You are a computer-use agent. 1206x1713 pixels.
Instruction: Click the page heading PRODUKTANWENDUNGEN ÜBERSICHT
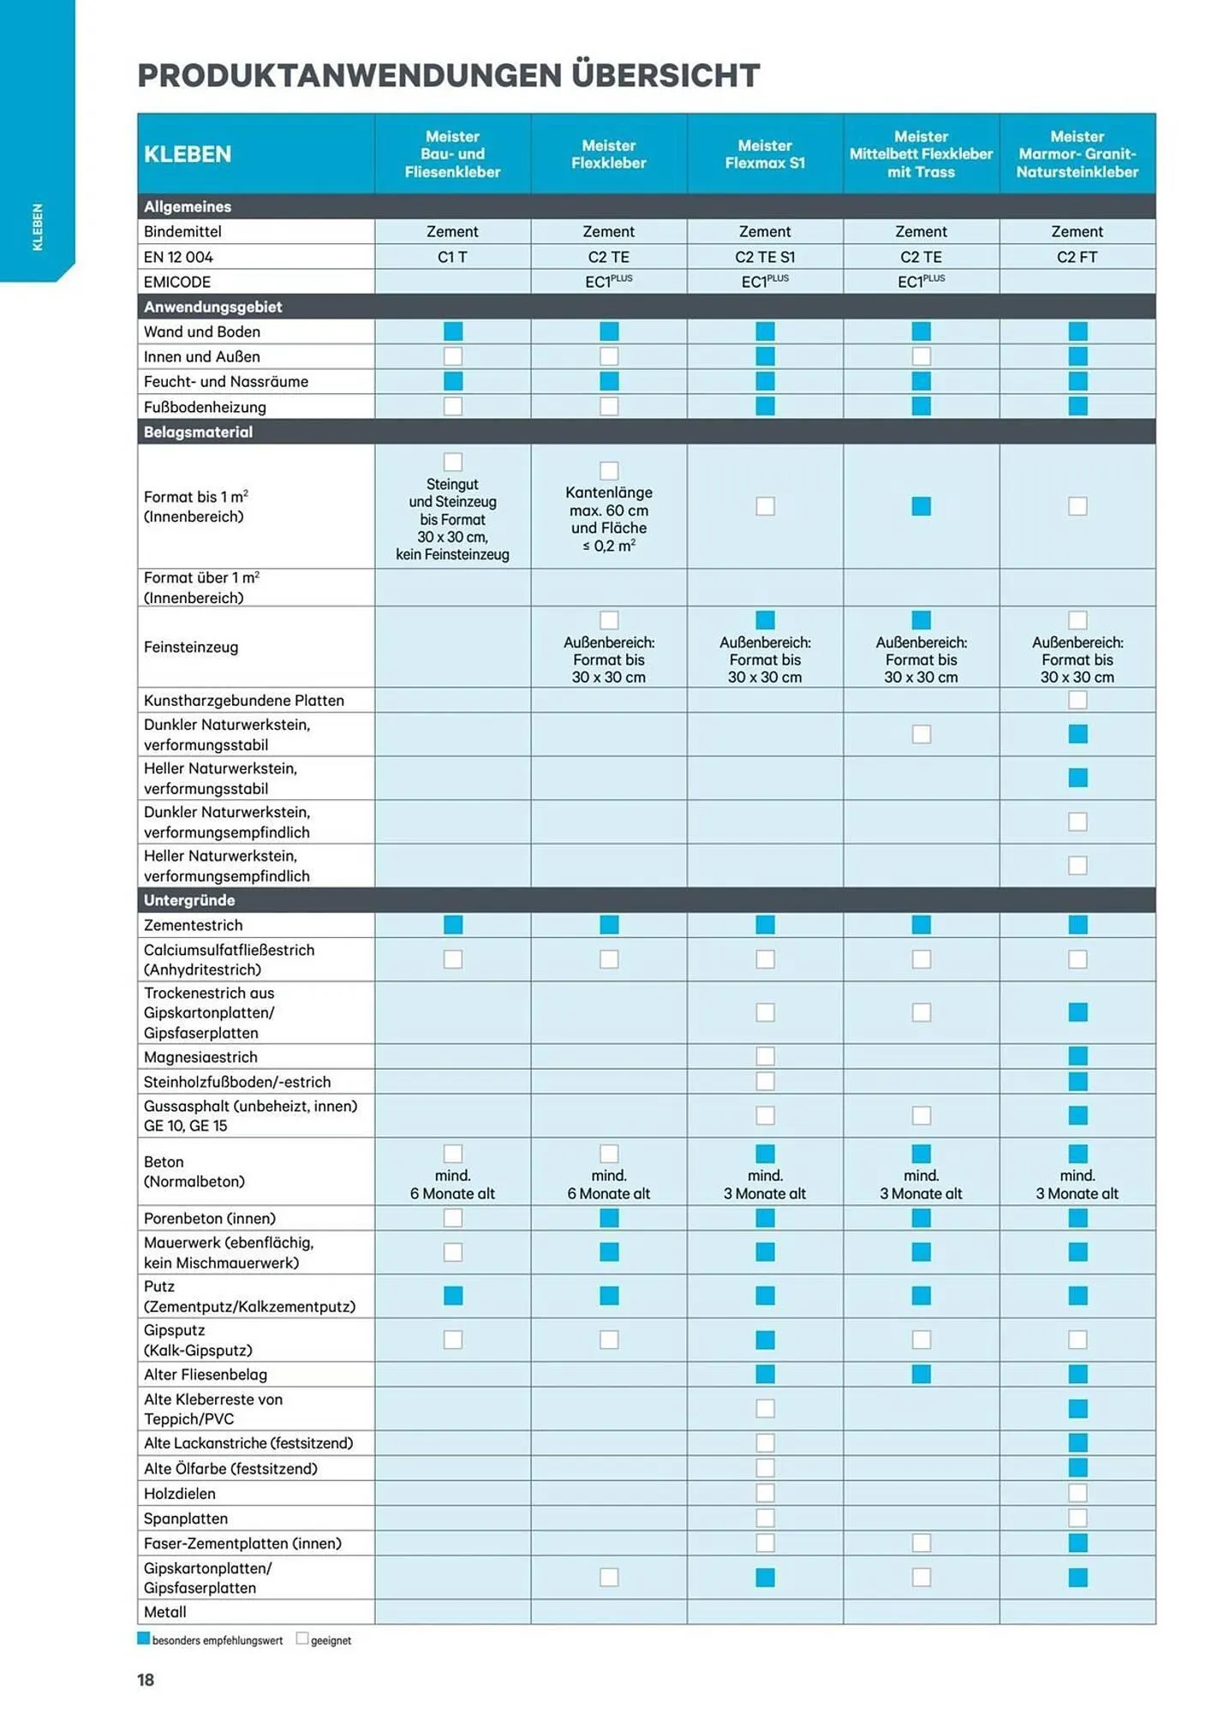(x=448, y=75)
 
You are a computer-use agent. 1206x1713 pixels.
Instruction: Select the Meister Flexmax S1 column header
(x=765, y=154)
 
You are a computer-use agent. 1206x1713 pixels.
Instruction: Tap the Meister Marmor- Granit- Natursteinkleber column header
(x=1077, y=154)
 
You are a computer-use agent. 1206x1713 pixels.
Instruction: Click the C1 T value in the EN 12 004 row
(x=452, y=257)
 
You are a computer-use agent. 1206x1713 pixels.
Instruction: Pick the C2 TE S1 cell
(x=765, y=257)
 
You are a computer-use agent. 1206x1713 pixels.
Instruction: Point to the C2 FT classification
(x=1077, y=257)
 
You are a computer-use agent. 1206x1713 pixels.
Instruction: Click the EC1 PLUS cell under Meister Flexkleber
(x=608, y=282)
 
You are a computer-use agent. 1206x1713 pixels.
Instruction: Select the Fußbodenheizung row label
(x=205, y=407)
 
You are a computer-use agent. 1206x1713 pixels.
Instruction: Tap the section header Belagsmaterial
(x=198, y=432)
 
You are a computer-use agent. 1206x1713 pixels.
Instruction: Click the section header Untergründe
(x=189, y=900)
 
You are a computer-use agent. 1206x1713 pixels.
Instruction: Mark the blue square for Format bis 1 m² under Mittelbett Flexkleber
(x=921, y=506)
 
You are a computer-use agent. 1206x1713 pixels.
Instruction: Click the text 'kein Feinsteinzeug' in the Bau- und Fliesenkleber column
(x=452, y=555)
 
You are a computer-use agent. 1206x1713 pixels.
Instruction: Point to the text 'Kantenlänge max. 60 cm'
(x=608, y=501)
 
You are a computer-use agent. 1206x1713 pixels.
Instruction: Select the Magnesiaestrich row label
(x=200, y=1057)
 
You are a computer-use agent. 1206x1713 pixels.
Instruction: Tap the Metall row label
(x=165, y=1612)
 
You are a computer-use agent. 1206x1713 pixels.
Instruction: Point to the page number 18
(x=146, y=1680)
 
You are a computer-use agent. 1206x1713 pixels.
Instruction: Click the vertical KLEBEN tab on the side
(x=37, y=227)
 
